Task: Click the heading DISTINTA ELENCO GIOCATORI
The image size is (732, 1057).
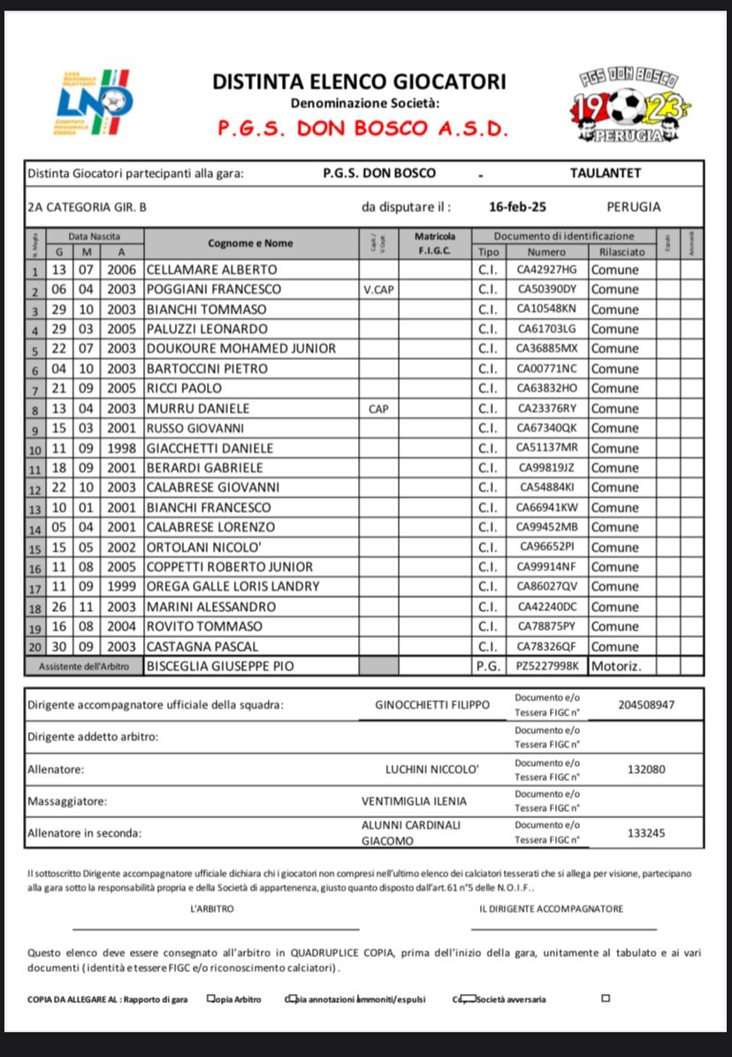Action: (359, 82)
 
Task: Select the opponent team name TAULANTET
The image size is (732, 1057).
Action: (606, 173)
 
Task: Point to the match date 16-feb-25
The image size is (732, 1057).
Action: (517, 207)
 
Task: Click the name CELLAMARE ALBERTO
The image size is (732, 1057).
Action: (211, 269)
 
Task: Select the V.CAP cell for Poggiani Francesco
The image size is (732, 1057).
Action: (378, 289)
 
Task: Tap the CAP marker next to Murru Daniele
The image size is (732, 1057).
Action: (378, 409)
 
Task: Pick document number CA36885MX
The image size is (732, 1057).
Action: (546, 349)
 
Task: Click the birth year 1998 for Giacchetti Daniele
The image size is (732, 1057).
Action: (121, 448)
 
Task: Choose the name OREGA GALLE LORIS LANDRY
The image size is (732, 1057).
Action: (233, 586)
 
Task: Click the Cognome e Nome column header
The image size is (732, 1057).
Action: (250, 243)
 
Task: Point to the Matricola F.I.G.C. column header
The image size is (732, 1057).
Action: (435, 243)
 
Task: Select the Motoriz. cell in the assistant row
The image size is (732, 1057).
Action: (616, 666)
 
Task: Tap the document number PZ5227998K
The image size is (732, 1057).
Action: (547, 666)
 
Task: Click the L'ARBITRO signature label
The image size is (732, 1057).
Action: (212, 908)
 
